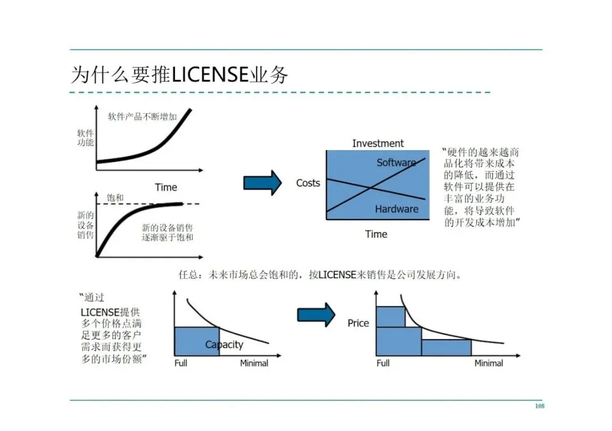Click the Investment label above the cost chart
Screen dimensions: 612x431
(378, 143)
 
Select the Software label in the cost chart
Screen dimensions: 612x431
(396, 163)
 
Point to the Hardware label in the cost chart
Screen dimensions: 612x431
(397, 209)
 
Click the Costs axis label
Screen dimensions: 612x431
(308, 183)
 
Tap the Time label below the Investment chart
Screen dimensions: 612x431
(376, 234)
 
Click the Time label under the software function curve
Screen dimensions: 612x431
(166, 187)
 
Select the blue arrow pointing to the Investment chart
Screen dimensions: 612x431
(262, 182)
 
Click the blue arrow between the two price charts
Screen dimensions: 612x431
(316, 315)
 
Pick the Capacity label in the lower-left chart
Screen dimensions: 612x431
(224, 344)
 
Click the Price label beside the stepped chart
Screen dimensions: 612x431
(358, 323)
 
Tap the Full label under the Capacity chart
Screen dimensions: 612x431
(181, 363)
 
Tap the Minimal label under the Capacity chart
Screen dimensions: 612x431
(254, 363)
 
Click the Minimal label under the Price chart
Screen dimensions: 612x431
(488, 363)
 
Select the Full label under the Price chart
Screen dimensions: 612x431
(383, 363)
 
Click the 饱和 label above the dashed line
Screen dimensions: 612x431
(115, 198)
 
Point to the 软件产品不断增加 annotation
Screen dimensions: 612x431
(142, 117)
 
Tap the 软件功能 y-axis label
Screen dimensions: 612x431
(86, 138)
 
